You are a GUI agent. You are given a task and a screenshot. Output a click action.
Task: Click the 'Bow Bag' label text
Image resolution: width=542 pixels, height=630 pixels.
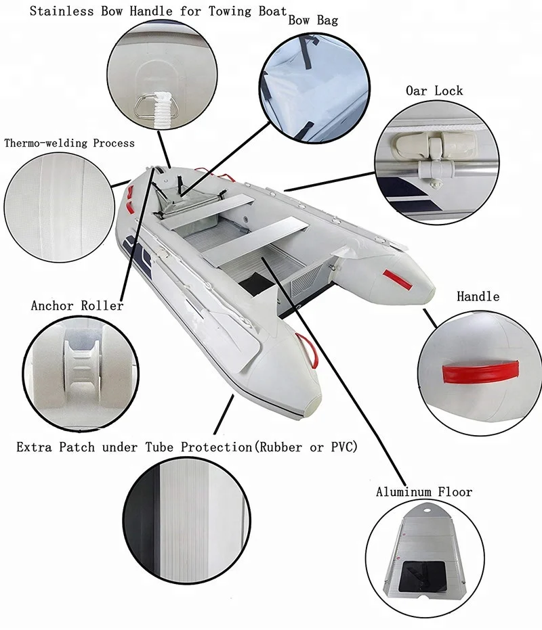coord(313,20)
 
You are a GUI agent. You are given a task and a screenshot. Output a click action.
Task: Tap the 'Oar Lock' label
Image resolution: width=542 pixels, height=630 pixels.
coord(434,90)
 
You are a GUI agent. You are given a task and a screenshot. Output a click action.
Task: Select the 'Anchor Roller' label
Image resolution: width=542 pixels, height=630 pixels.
coord(77,306)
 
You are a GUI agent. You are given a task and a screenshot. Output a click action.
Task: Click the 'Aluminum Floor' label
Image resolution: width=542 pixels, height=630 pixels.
coord(424,492)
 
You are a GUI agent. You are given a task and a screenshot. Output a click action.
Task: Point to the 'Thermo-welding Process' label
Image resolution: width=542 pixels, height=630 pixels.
coord(69,143)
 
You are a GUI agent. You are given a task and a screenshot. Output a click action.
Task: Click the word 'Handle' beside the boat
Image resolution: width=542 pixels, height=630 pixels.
coord(478,296)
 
